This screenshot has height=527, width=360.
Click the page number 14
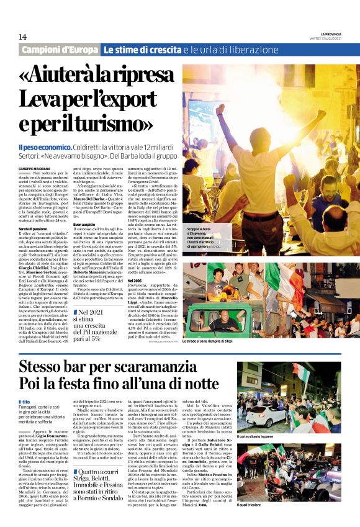pyautogui.click(x=22, y=37)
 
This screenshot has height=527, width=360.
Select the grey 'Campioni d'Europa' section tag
pyautogui.click(x=60, y=50)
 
